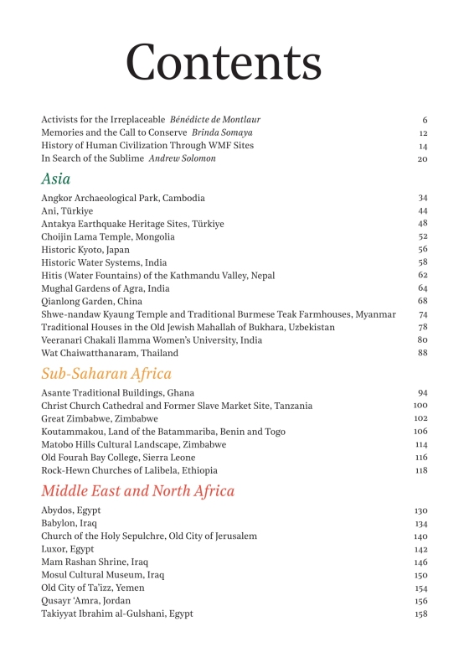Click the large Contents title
(x=224, y=61)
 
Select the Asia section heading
(x=56, y=179)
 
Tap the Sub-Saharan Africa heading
(x=106, y=374)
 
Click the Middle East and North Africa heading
(x=138, y=490)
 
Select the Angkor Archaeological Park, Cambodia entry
(x=123, y=199)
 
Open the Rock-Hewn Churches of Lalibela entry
(x=130, y=470)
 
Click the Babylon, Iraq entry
(x=70, y=523)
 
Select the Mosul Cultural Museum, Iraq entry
(x=103, y=575)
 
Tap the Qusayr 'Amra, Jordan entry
(x=85, y=601)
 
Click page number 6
(x=425, y=120)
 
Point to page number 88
(x=423, y=353)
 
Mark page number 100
(x=421, y=406)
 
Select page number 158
(x=421, y=614)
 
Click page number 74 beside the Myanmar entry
(x=423, y=314)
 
